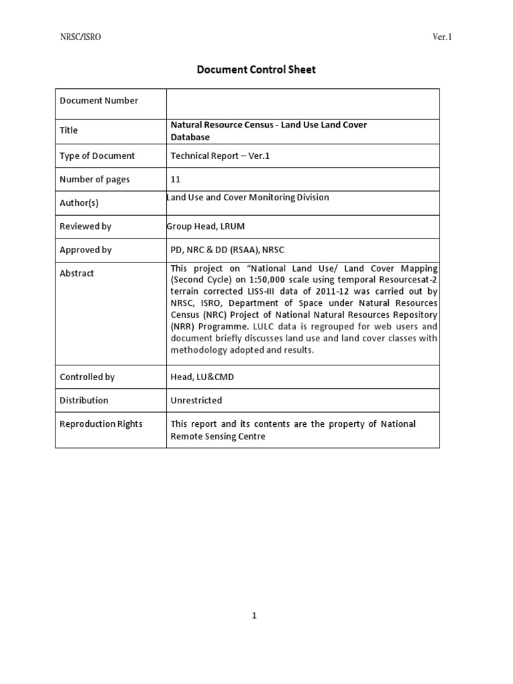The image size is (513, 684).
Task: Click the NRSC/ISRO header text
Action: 81,37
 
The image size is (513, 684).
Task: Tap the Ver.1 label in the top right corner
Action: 442,37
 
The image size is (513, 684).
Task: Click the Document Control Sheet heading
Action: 256,69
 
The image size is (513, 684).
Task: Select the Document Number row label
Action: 99,101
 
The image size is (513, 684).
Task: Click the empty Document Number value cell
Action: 303,104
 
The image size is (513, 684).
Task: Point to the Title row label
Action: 69,131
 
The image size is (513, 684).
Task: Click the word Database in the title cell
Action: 190,137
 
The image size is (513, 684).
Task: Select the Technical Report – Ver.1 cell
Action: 220,156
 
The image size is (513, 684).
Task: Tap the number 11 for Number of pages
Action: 176,180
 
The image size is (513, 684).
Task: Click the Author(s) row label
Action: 79,203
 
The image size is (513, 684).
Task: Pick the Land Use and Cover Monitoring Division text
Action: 248,197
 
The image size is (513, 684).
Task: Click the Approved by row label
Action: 85,250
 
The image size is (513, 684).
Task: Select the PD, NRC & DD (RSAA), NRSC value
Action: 227,250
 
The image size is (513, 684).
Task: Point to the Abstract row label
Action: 77,273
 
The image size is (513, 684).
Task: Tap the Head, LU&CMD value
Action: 199,377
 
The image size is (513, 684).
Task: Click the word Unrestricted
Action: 196,400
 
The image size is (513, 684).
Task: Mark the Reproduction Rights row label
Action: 101,424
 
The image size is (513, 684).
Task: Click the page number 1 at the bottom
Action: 254,616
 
